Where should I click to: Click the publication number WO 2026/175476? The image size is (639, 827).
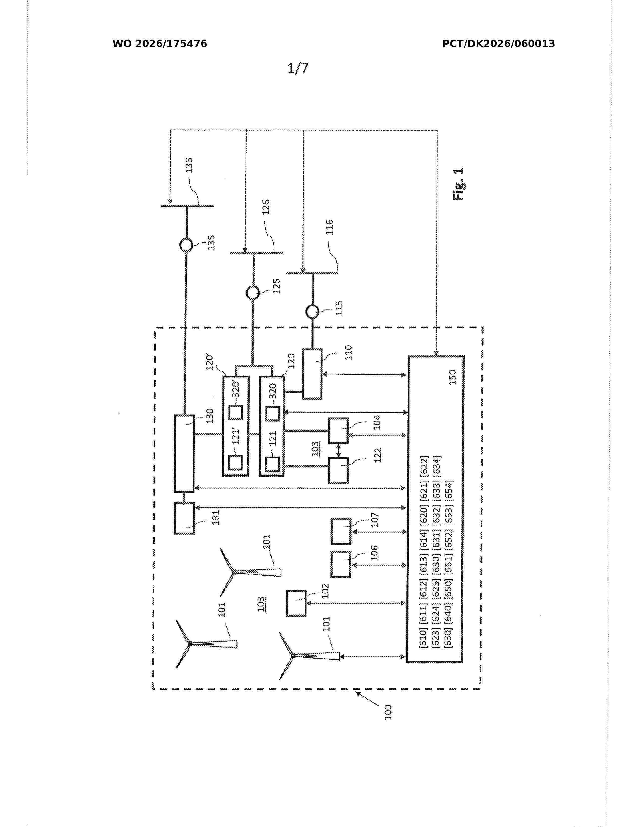tap(160, 44)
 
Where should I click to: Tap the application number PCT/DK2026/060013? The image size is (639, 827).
tap(499, 44)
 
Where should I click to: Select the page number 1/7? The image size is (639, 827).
tap(298, 68)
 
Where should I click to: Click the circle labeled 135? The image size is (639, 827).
tap(186, 245)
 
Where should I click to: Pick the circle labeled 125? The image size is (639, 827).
tap(253, 293)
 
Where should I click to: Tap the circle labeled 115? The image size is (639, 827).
tap(312, 312)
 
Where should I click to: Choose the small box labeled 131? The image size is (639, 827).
tap(184, 518)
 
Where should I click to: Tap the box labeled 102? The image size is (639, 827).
tap(296, 603)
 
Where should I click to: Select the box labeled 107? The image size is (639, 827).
tap(341, 532)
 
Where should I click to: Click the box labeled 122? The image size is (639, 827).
tap(338, 470)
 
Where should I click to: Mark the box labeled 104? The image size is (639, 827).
tap(338, 431)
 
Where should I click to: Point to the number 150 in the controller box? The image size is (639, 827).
tap(452, 377)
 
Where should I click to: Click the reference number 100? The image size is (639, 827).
tap(388, 712)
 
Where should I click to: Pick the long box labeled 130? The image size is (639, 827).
tap(184, 454)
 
